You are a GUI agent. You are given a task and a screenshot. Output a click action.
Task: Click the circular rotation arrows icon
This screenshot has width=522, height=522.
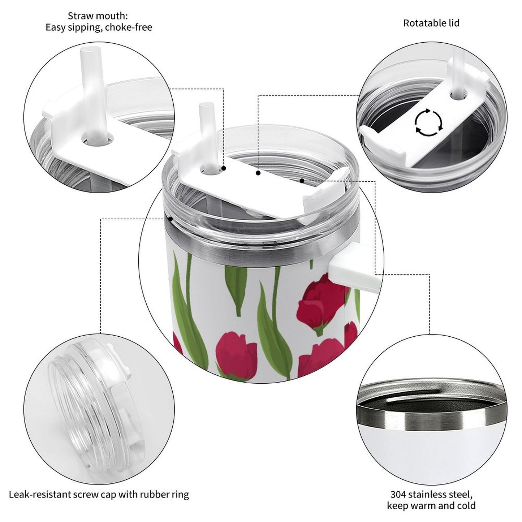[429, 122]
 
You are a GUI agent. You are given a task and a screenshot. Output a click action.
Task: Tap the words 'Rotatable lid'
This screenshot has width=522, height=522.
[431, 23]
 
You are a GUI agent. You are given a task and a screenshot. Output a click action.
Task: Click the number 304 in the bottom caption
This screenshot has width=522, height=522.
[398, 487]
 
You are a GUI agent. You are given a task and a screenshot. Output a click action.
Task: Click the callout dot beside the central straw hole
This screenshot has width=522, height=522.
[224, 168]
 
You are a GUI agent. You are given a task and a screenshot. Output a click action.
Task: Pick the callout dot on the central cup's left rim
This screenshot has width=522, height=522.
[171, 219]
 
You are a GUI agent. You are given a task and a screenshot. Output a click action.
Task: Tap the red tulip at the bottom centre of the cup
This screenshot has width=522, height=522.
[236, 356]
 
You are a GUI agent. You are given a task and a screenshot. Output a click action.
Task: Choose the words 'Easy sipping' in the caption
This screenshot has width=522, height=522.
[73, 27]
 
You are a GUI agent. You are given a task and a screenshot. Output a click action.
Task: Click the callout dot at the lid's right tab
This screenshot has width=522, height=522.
[302, 181]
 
